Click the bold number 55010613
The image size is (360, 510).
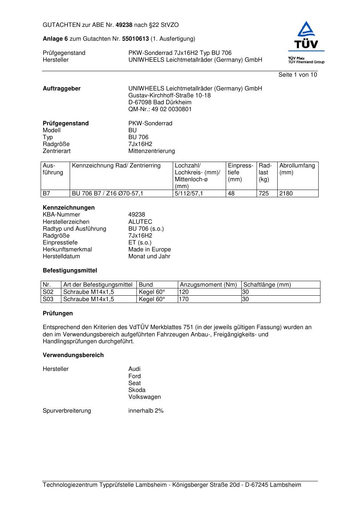tap(135, 39)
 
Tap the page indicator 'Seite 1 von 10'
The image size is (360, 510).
tap(298, 75)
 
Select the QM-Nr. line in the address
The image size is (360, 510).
tap(160, 109)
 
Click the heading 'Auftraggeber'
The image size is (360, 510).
tap(62, 89)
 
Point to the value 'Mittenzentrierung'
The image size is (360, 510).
tap(151, 151)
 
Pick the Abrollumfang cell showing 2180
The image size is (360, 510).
tap(286, 194)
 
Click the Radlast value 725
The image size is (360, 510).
tap(264, 194)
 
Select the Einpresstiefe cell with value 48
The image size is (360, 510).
tap(231, 194)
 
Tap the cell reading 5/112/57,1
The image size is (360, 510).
tap(189, 194)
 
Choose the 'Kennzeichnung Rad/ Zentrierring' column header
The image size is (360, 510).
tap(116, 166)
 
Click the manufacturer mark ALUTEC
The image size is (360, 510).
tap(140, 222)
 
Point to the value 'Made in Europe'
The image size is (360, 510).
tap(150, 250)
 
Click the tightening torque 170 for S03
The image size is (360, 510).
tap(184, 299)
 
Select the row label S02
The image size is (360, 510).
tap(48, 292)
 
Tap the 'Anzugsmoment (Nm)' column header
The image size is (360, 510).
tap(208, 285)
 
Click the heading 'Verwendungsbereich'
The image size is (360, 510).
tap(73, 355)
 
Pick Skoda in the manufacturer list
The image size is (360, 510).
tap(137, 390)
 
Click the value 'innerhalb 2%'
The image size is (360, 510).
tap(146, 411)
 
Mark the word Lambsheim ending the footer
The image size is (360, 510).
tap(285, 485)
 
